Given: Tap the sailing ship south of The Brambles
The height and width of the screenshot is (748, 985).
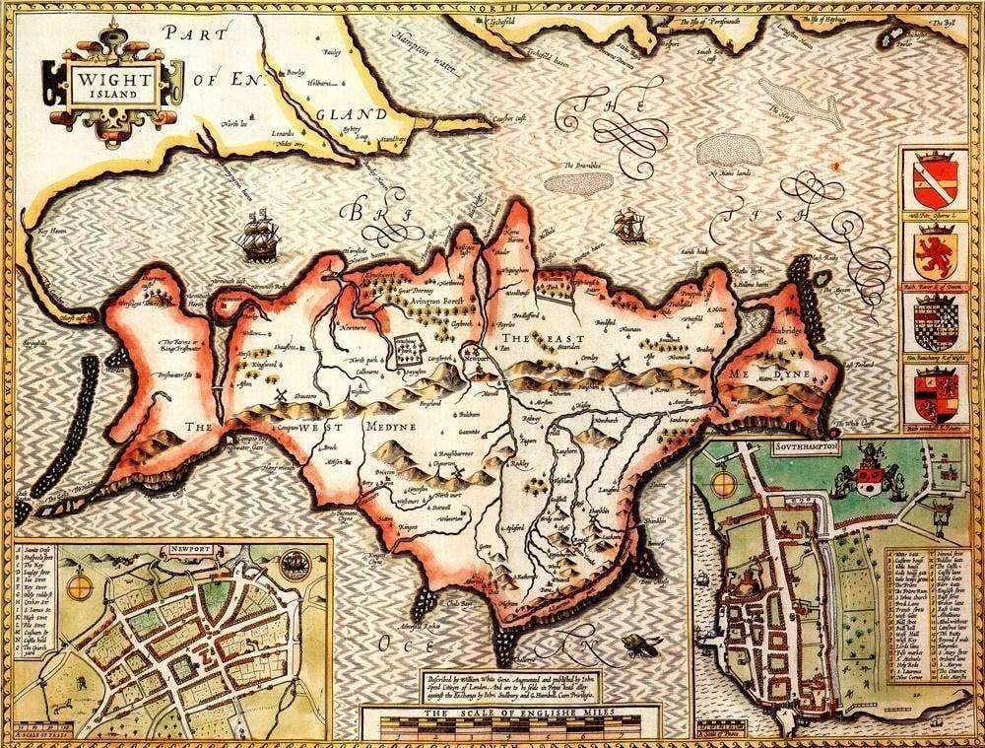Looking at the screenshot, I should tap(627, 226).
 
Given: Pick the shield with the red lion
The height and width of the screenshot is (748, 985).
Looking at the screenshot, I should tap(934, 253).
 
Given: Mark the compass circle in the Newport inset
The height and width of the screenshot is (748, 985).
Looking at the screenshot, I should tap(82, 586).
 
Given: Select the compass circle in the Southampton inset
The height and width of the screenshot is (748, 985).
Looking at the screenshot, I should tap(726, 484).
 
